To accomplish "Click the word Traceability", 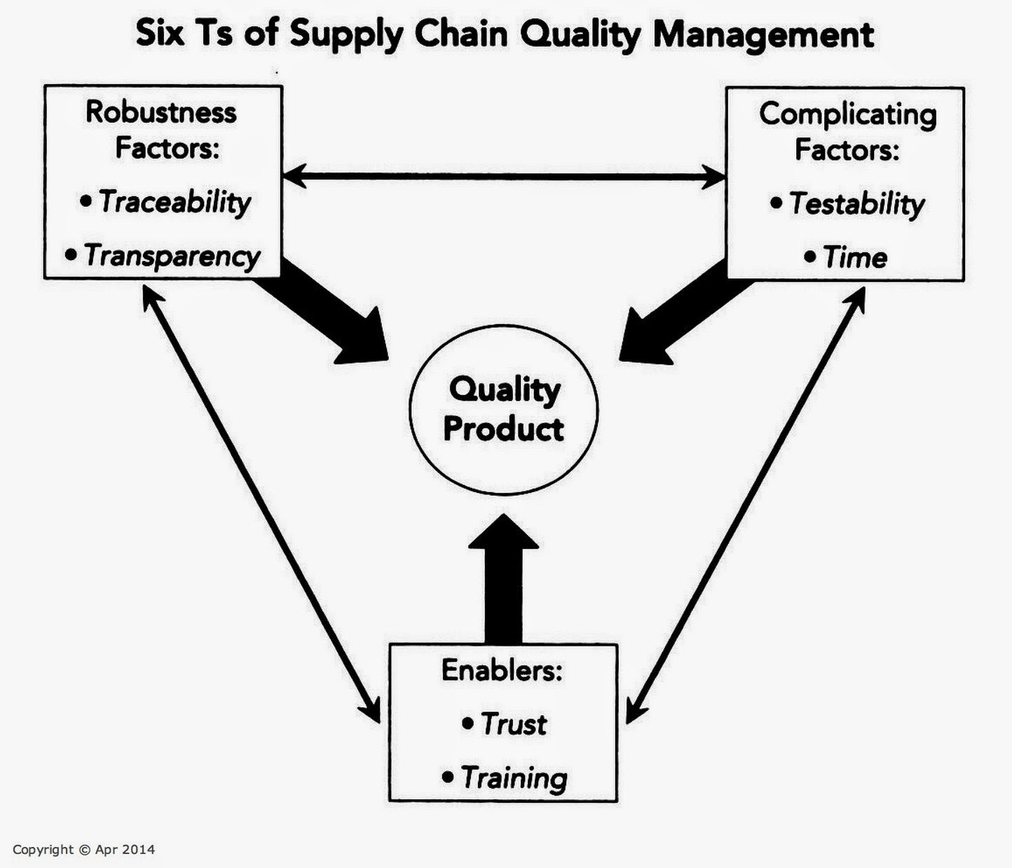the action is [175, 202].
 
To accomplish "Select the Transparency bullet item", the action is [163, 256].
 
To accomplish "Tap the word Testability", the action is [857, 204].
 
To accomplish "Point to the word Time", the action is [855, 257].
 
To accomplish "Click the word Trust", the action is [514, 724].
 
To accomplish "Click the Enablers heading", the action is [502, 670].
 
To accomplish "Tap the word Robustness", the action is [161, 112].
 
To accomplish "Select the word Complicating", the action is [848, 116].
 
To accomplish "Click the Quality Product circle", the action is [503, 326].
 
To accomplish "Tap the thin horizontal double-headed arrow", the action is [505, 177].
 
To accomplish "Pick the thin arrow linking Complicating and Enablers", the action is [745, 506].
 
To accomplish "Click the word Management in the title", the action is [764, 35].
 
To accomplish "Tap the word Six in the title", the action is [160, 34].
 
